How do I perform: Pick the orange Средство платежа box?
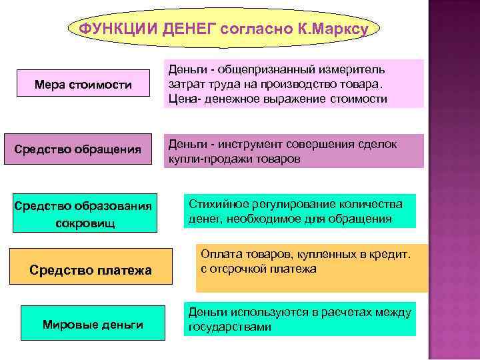(91, 270)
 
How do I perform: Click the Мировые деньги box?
(93, 325)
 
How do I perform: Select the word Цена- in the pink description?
(183, 99)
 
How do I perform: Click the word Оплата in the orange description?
(218, 255)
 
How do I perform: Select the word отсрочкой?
(245, 269)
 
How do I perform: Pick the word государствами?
(229, 327)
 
